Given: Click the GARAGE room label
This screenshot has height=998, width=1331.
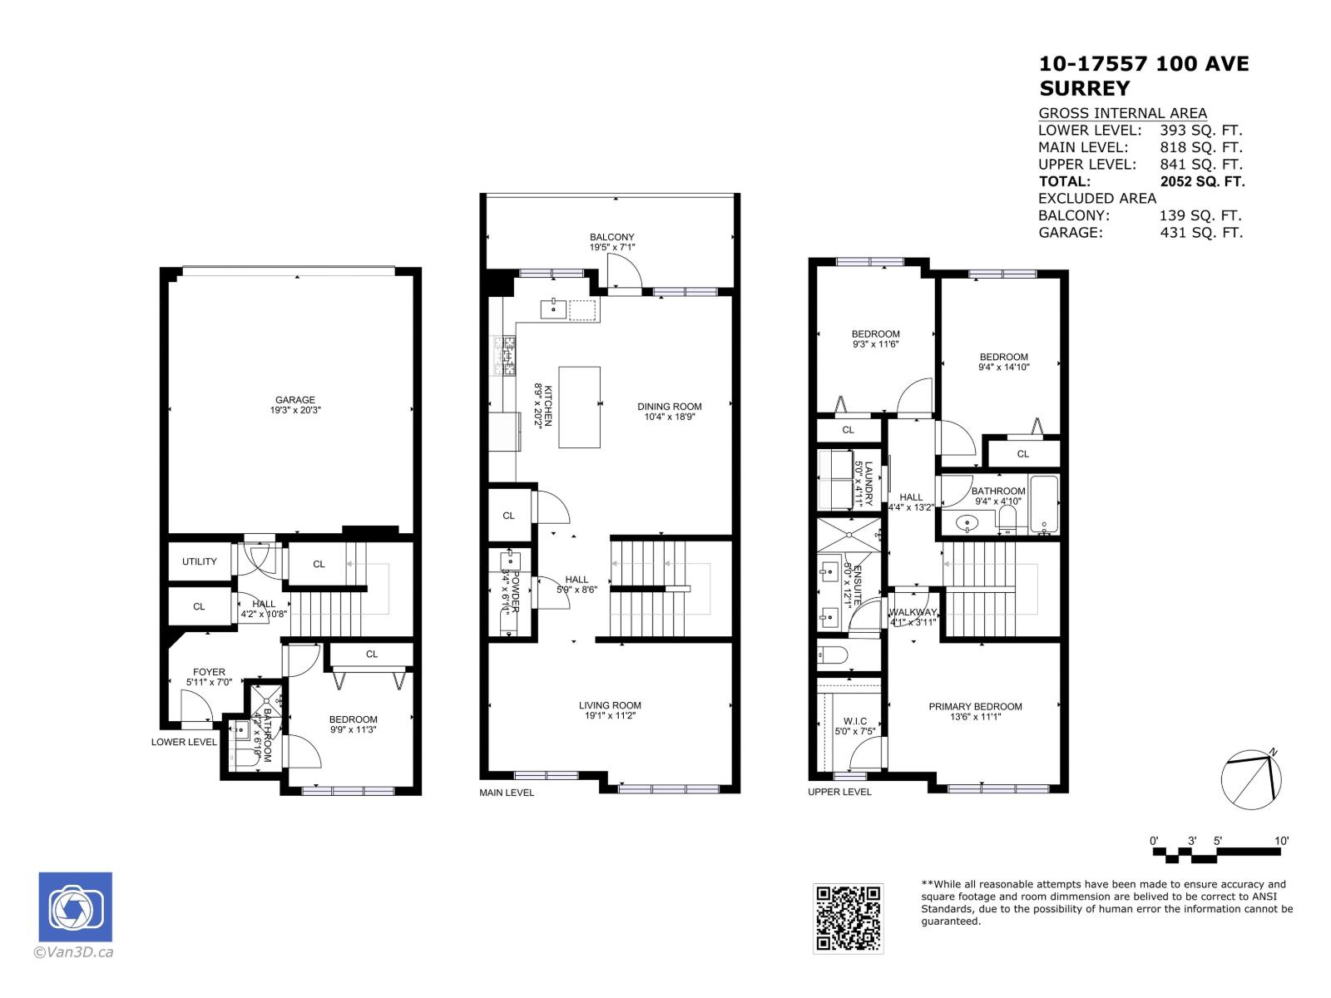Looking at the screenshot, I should pyautogui.click(x=294, y=400).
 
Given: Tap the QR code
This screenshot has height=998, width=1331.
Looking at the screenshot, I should pyautogui.click(x=848, y=918).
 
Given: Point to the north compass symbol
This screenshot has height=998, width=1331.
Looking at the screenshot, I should pyautogui.click(x=1251, y=781).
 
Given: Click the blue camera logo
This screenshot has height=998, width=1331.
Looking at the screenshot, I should pyautogui.click(x=75, y=907).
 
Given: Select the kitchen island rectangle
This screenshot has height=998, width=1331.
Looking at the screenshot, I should pyautogui.click(x=579, y=407).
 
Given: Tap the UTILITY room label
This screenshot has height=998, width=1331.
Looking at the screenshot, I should pyautogui.click(x=200, y=561).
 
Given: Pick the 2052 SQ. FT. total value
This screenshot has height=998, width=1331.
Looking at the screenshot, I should pyautogui.click(x=1201, y=181).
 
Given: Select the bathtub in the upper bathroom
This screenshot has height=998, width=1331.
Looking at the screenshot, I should pyautogui.click(x=1043, y=505).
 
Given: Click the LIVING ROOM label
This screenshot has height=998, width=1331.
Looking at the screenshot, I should pyautogui.click(x=610, y=705).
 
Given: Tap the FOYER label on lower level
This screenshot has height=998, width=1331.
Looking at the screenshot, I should pyautogui.click(x=209, y=672).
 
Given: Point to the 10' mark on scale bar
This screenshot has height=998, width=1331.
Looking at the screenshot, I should pyautogui.click(x=1281, y=841).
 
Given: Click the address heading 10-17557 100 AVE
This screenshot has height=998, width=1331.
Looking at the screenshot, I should pyautogui.click(x=1144, y=64).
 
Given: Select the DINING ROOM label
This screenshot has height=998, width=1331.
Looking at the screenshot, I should pyautogui.click(x=670, y=407).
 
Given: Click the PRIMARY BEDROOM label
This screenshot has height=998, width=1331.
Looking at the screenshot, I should pyautogui.click(x=975, y=707).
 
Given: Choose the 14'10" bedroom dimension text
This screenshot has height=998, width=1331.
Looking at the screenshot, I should pyautogui.click(x=1003, y=367).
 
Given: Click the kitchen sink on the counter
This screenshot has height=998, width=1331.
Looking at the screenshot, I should pyautogui.click(x=553, y=309).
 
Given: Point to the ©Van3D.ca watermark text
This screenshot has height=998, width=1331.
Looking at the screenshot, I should pyautogui.click(x=72, y=953).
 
